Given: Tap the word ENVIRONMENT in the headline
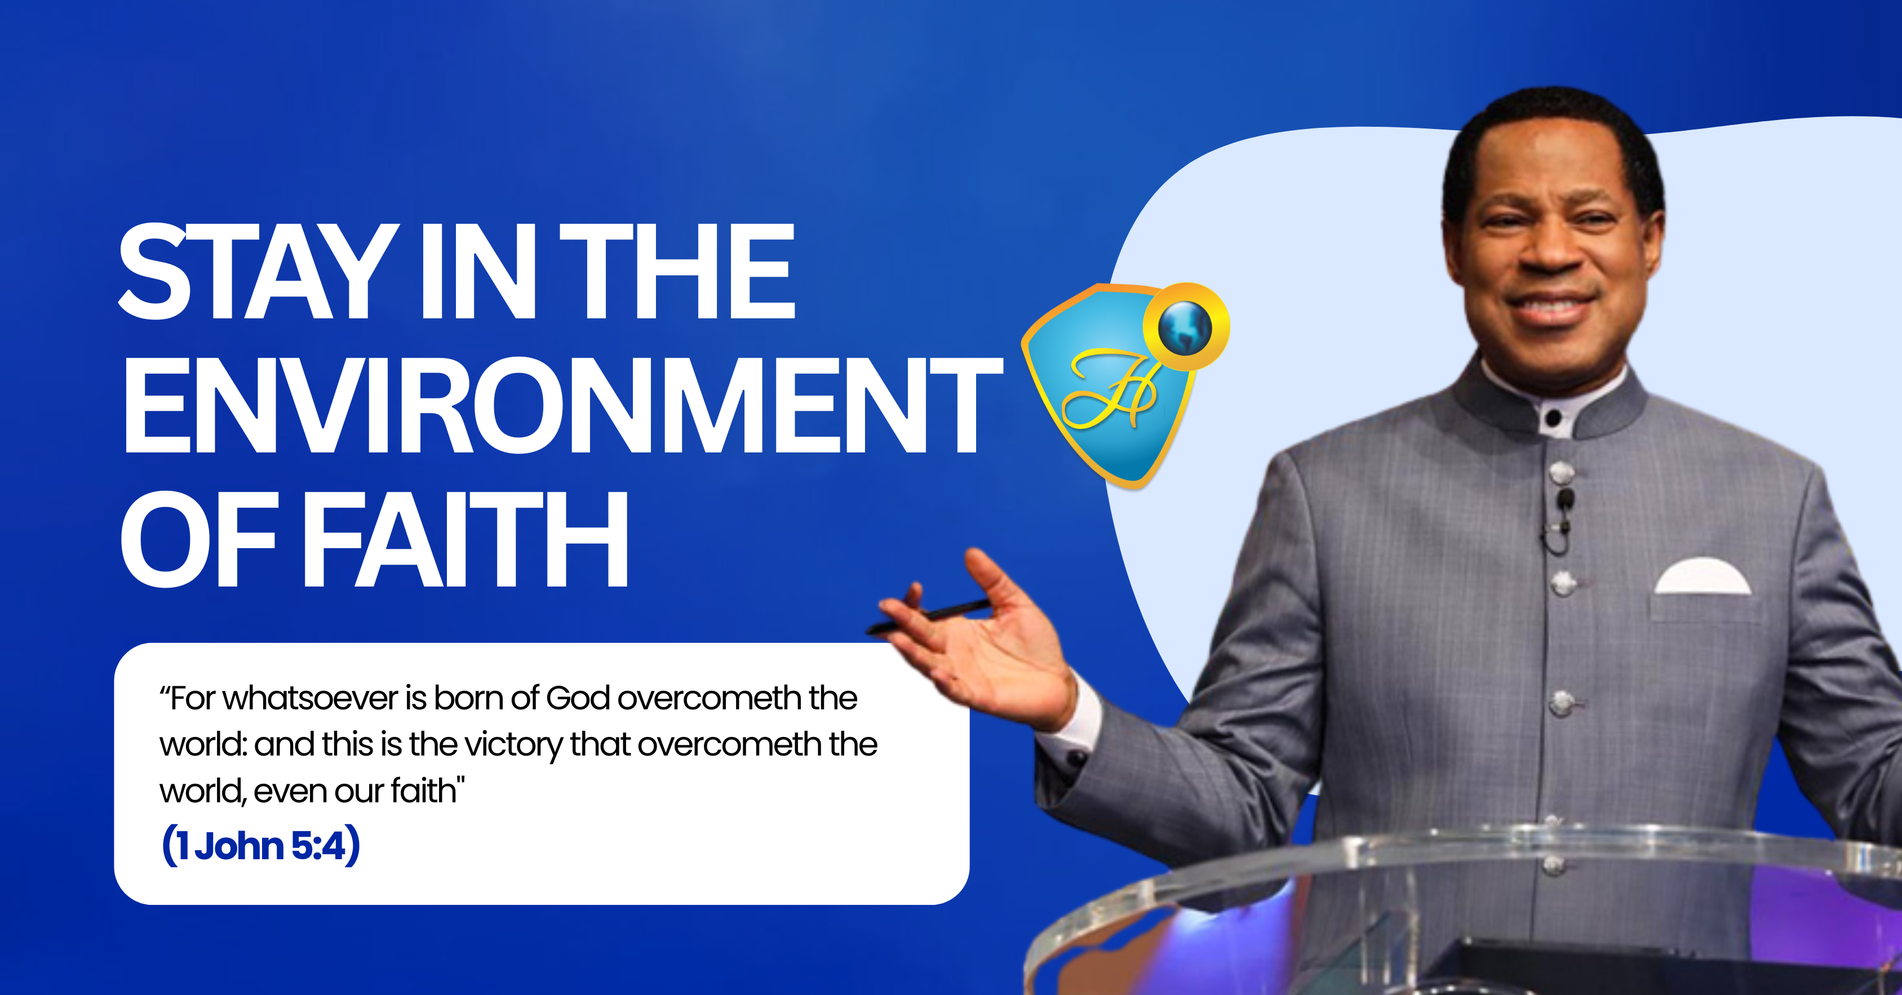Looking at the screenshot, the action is pos(562,405).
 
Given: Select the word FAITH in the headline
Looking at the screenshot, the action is pos(464,539).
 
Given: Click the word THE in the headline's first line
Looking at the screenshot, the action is pos(676,272).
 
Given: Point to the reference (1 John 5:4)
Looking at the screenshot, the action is pos(260,845).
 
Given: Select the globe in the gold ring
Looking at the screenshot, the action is pos(1185,326).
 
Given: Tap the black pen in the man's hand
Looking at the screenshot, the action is pos(929,617).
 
